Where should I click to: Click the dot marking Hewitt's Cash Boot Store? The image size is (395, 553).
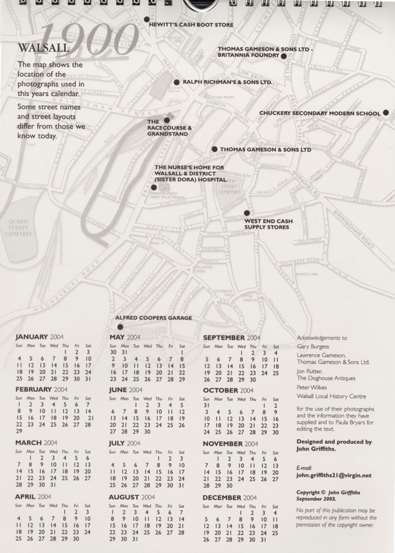point(147,19)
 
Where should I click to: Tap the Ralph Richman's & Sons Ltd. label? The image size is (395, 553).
point(227,82)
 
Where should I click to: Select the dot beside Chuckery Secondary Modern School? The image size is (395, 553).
point(386,113)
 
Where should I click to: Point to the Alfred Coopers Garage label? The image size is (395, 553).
point(153,318)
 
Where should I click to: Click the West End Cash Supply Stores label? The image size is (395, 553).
point(268,224)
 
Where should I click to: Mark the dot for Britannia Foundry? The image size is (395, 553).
point(283,56)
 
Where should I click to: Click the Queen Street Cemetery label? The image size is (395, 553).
point(17,228)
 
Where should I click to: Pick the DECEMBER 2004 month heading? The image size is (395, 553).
point(229,497)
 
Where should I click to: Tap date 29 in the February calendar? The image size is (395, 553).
point(19,431)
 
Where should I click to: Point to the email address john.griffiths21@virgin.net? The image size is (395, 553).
point(334,476)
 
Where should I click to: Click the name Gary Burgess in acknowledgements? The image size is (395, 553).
point(313,346)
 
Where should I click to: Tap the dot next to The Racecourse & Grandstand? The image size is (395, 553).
point(167,120)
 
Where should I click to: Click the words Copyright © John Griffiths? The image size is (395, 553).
point(328,492)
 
